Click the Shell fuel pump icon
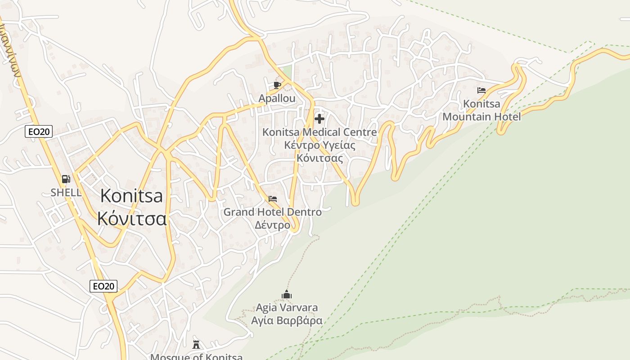(66, 179)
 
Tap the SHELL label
(66, 193)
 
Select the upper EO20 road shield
(39, 131)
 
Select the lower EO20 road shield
(103, 286)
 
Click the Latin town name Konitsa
(131, 196)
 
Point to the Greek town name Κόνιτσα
(132, 218)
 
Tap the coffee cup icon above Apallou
(277, 85)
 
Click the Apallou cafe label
(277, 98)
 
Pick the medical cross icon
(319, 119)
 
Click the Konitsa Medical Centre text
(319, 132)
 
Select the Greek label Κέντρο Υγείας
(319, 145)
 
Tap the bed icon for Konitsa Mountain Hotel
(481, 90)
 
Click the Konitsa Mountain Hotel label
(481, 110)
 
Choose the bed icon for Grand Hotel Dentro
(273, 198)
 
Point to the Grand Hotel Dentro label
(273, 211)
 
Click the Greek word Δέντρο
(273, 225)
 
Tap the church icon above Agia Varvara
(287, 295)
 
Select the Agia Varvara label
(287, 308)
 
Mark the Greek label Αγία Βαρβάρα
(287, 320)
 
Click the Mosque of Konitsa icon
(196, 344)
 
